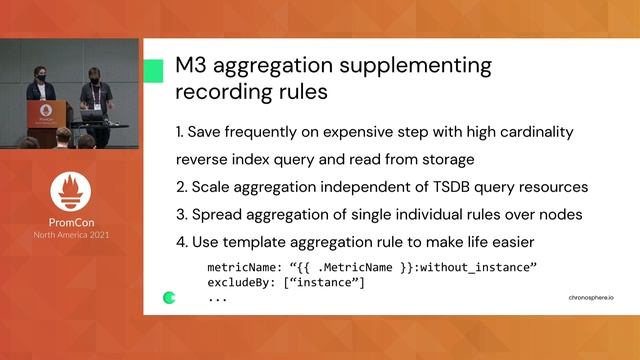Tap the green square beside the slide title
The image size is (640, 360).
[x=153, y=70]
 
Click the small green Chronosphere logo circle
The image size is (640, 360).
[x=169, y=297]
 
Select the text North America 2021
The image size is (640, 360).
[x=71, y=235]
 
